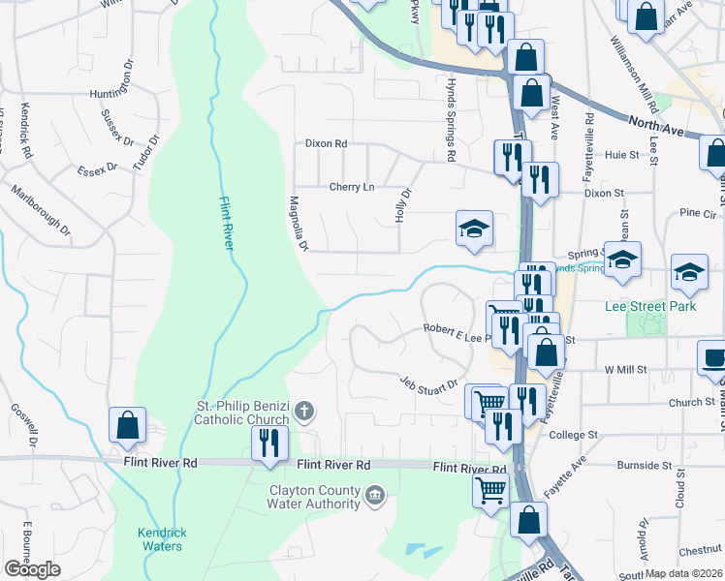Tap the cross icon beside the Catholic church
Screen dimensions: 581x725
pyautogui.click(x=303, y=413)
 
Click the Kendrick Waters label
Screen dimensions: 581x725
pyautogui.click(x=159, y=539)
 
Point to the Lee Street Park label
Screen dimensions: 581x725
pyautogui.click(x=650, y=306)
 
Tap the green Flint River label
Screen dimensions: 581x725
pyautogui.click(x=224, y=223)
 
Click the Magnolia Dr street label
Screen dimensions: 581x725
pyautogui.click(x=298, y=225)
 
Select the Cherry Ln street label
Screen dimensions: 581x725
pyautogui.click(x=351, y=187)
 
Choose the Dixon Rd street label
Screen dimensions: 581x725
pyautogui.click(x=326, y=143)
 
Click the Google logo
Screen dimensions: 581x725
pyautogui.click(x=32, y=570)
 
